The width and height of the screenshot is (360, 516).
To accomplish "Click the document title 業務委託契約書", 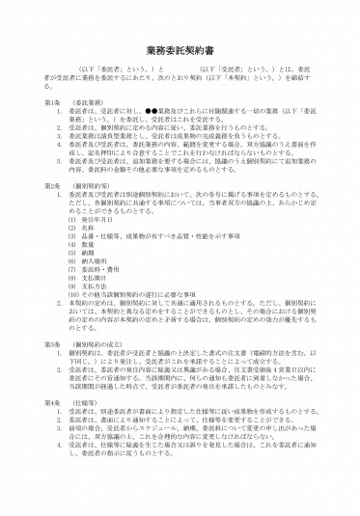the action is pos(180,48).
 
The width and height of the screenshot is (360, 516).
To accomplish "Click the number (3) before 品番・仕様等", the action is pos(71,236).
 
